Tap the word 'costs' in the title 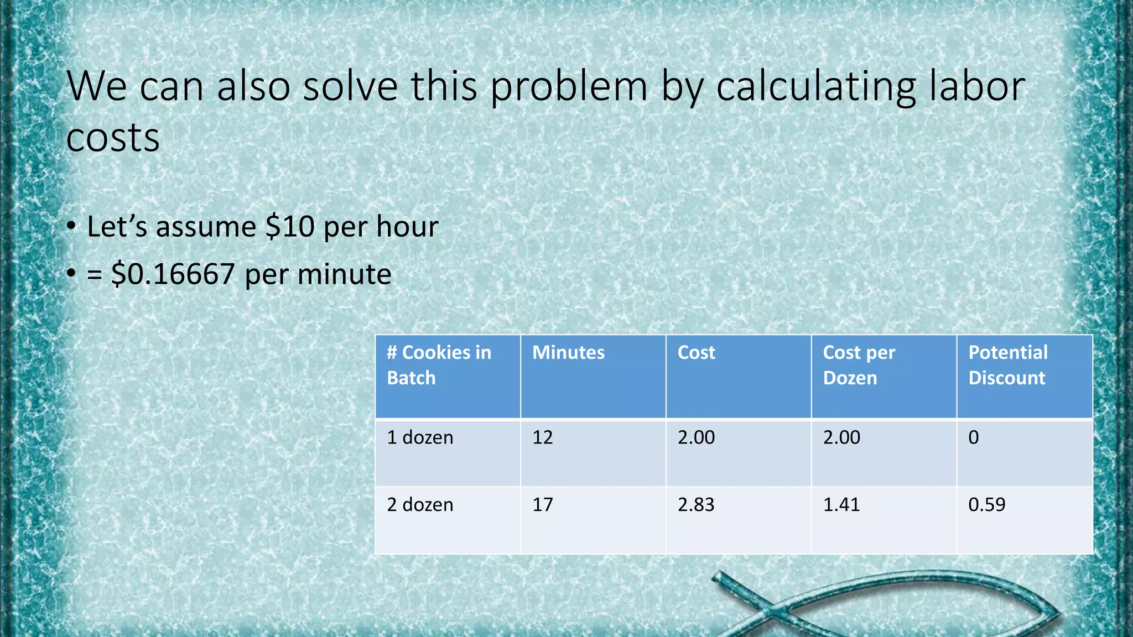tap(113, 138)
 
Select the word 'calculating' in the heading tap(815, 87)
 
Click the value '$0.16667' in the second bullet tap(173, 274)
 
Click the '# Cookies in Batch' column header tap(439, 365)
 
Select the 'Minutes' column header tap(568, 353)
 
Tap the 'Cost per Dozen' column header tap(859, 365)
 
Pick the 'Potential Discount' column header tap(1007, 365)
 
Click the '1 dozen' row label tap(420, 437)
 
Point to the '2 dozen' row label tap(420, 504)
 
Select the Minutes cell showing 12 tap(542, 437)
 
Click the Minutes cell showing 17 tap(542, 504)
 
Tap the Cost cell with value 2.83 tap(696, 504)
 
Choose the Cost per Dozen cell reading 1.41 tap(841, 504)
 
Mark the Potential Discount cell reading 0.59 tap(986, 504)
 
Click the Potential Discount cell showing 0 tap(974, 437)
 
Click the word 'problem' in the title tap(569, 87)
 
